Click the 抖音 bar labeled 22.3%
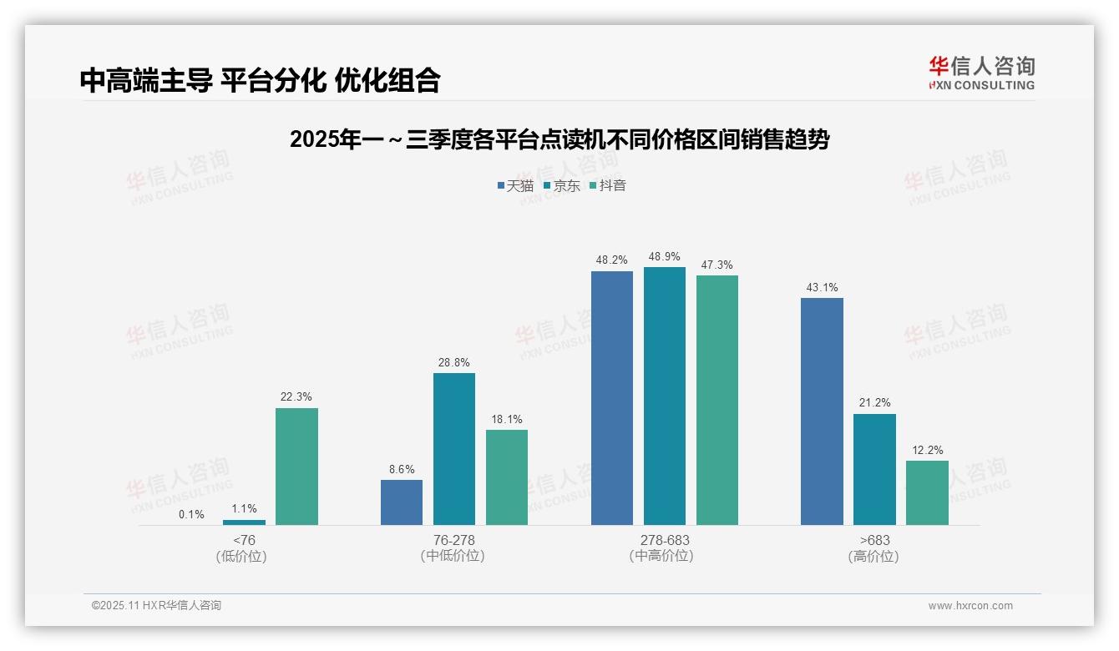click(296, 467)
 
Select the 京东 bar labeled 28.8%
click(454, 449)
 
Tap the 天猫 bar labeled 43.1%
click(822, 411)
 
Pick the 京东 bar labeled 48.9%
click(665, 396)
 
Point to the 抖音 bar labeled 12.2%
click(927, 492)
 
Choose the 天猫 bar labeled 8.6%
click(402, 502)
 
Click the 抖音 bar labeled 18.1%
click(507, 477)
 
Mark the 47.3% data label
click(716, 265)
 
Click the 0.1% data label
click(191, 514)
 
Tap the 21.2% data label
click(874, 403)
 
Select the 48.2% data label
click(611, 260)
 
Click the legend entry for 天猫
click(515, 185)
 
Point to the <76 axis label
click(244, 540)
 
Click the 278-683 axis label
click(665, 540)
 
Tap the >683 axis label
click(874, 540)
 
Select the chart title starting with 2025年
click(559, 139)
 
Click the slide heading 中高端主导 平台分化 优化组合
click(260, 80)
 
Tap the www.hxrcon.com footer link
click(970, 606)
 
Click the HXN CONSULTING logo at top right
click(981, 73)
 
